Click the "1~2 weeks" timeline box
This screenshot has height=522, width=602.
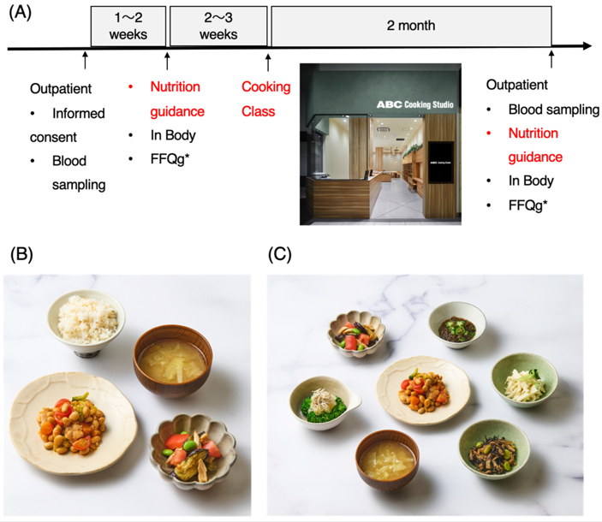click(x=128, y=26)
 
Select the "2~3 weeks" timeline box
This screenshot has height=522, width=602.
click(x=218, y=26)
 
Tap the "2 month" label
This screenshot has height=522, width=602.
click(x=411, y=26)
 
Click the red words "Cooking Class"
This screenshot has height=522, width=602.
click(x=265, y=99)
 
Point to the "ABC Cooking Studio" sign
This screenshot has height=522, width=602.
click(x=414, y=104)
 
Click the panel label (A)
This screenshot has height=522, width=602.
click(x=20, y=13)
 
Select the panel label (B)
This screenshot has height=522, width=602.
click(x=21, y=254)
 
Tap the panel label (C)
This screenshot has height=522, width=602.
click(x=279, y=254)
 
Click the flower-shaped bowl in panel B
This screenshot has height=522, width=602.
click(x=193, y=450)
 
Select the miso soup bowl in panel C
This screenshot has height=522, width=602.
click(x=387, y=460)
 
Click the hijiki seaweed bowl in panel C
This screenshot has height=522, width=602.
click(x=494, y=449)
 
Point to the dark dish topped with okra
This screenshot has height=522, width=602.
click(x=457, y=325)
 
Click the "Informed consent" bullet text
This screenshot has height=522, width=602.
click(x=68, y=125)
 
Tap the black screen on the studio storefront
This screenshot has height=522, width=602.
click(x=441, y=163)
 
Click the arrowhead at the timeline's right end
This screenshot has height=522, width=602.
click(x=587, y=46)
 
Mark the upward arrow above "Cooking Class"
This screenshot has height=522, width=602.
click(x=268, y=62)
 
